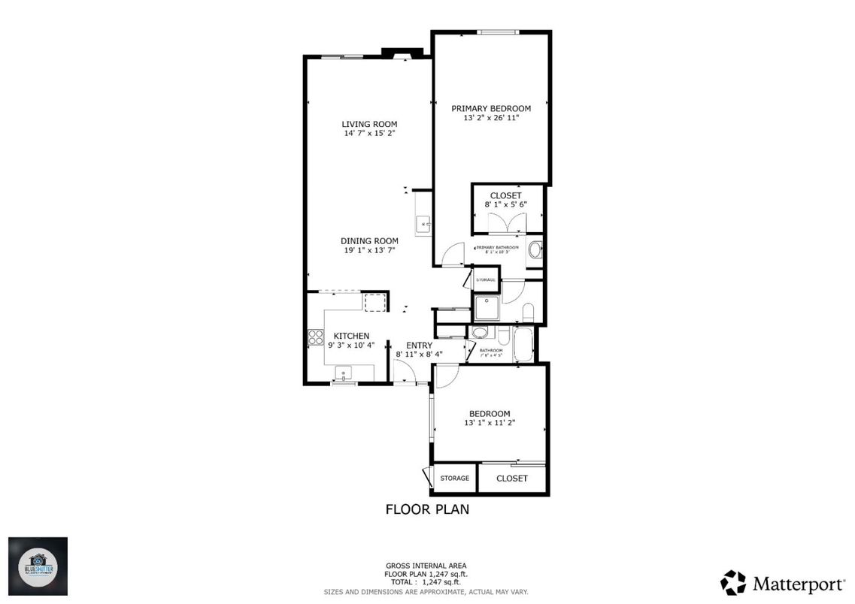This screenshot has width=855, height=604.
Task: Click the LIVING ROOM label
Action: coord(368,124)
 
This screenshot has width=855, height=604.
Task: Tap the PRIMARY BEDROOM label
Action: coord(490,108)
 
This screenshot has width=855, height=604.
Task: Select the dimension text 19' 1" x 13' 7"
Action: coord(369,251)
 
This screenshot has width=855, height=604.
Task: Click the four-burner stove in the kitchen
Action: coord(314,339)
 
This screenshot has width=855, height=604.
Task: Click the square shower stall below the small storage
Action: coord(485,308)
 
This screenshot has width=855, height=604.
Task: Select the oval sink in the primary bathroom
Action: coord(535,250)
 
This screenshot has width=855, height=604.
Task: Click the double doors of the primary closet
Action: coord(505,223)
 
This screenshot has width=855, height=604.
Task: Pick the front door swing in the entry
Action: coord(404,370)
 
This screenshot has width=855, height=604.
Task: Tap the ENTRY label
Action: coord(419,345)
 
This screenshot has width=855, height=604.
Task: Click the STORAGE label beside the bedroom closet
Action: coord(454,479)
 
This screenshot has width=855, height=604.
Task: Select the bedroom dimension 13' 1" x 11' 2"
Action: coord(490,423)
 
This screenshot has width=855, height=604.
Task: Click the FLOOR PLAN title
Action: coord(427,509)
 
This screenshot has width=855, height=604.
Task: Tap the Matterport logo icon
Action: coord(732,582)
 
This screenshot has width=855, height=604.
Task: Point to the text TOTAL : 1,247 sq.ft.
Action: coord(426,582)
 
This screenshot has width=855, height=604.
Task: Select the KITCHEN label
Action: coord(351,335)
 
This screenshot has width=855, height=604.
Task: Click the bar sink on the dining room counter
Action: coord(423,224)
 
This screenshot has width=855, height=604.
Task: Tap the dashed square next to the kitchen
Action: coord(374,303)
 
